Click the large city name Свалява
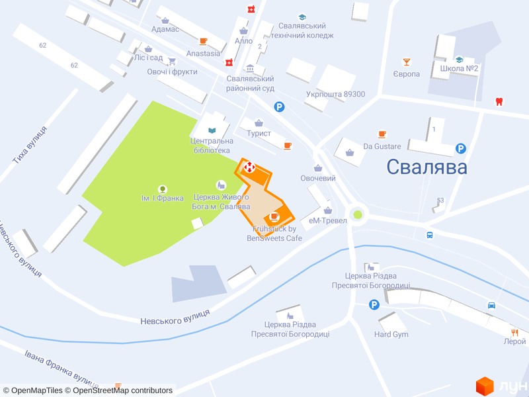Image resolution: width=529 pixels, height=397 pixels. click(x=427, y=167)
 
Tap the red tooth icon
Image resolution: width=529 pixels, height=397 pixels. click(x=499, y=102)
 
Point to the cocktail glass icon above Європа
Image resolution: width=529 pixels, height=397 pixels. click(x=407, y=62)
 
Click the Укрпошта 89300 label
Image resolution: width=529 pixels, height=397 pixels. click(x=335, y=94)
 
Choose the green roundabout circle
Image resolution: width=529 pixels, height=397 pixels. click(x=358, y=214)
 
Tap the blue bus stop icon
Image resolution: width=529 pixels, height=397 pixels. click(x=430, y=234)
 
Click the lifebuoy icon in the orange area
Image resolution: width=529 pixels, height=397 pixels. click(x=249, y=167)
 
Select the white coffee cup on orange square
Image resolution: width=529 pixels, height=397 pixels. click(x=274, y=216)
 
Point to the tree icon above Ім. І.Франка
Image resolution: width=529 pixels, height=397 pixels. click(x=162, y=189)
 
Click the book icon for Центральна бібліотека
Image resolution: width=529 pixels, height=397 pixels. click(x=212, y=130)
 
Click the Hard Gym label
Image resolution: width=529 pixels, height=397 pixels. click(x=391, y=334)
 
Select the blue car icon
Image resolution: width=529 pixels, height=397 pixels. click(x=492, y=305)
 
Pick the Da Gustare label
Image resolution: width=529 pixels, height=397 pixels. click(x=382, y=146)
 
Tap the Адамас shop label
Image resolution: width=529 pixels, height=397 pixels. click(x=165, y=30)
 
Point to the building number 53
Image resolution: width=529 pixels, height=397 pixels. click(x=440, y=200)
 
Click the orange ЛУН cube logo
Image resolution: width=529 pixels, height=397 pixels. click(x=485, y=384)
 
